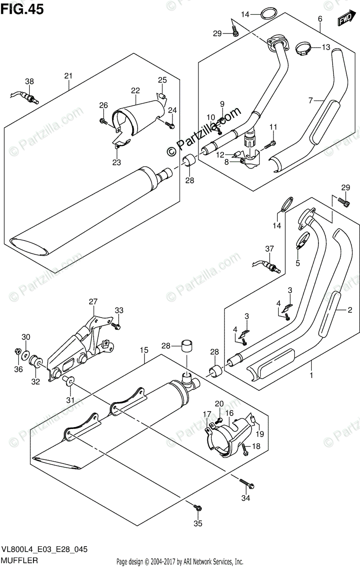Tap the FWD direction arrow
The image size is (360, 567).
346,18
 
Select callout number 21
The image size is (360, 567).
68,76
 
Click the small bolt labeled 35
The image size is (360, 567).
197,507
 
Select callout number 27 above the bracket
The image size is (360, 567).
92,301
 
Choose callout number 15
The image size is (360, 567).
144,350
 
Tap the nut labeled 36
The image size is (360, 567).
17,351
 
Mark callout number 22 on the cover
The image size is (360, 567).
135,90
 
